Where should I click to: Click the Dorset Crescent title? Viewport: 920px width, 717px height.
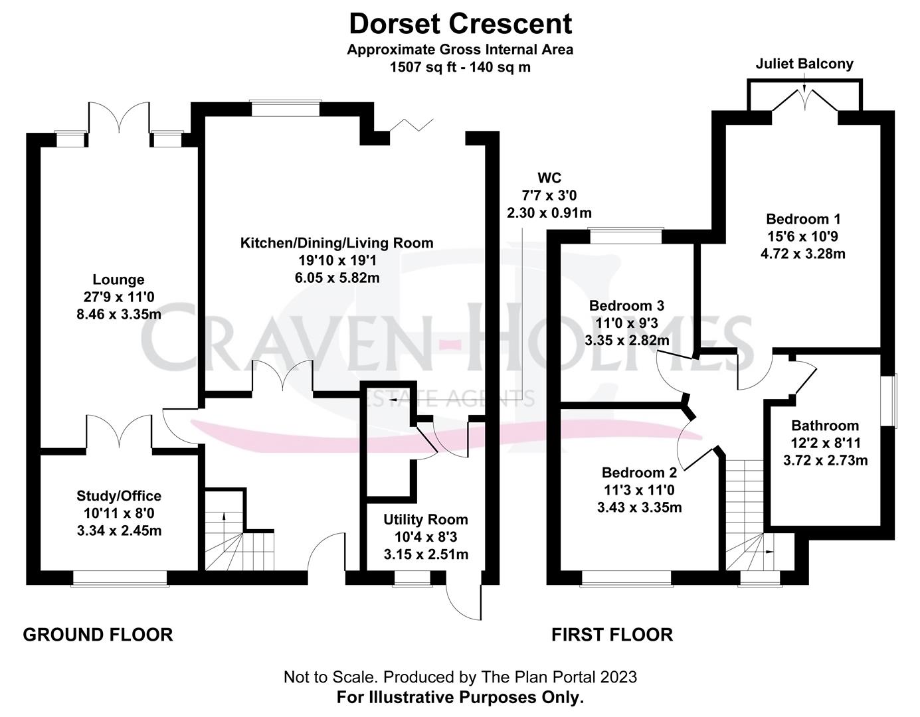(460, 24)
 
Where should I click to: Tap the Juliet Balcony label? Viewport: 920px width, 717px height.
(804, 64)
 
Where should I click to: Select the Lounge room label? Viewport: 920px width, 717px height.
(118, 279)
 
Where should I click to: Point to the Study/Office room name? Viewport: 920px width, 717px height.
(119, 495)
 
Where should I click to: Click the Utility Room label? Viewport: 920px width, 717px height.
(425, 519)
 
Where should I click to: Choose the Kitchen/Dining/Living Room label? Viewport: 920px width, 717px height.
(337, 243)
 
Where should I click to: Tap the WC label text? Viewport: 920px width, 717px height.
(549, 178)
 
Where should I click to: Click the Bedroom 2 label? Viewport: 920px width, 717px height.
(639, 473)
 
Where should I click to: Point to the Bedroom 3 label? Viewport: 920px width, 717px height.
(626, 306)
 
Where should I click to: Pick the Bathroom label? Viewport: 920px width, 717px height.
(825, 426)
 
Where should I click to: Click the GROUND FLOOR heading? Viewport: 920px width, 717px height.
(98, 635)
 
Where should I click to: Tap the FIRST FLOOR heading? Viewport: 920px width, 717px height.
(612, 635)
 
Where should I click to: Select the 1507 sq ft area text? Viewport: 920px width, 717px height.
(460, 67)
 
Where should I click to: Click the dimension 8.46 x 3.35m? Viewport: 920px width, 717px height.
(119, 314)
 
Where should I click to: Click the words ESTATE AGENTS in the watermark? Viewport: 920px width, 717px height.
(452, 398)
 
